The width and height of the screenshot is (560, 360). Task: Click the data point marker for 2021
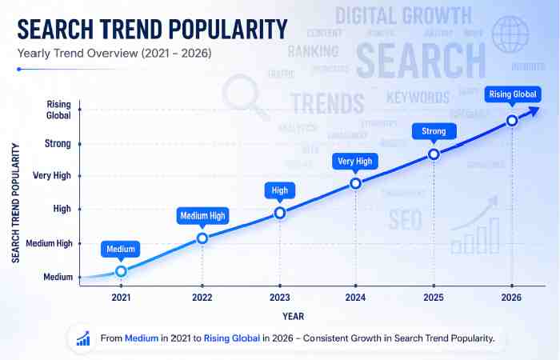[x=121, y=271]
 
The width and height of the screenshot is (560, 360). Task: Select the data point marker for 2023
[x=280, y=213]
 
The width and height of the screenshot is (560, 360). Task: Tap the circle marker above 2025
[x=434, y=154]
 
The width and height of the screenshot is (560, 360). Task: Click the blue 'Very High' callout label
[x=355, y=162]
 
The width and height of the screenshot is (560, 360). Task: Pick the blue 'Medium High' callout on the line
[x=202, y=215]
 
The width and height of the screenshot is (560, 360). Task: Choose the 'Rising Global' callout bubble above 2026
[x=511, y=94]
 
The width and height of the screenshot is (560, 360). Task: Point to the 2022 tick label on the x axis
[x=202, y=298]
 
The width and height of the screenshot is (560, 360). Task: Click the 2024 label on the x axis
[x=356, y=298]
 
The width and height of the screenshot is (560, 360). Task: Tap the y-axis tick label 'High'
[x=62, y=208]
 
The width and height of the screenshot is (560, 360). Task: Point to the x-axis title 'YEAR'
[x=293, y=316]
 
